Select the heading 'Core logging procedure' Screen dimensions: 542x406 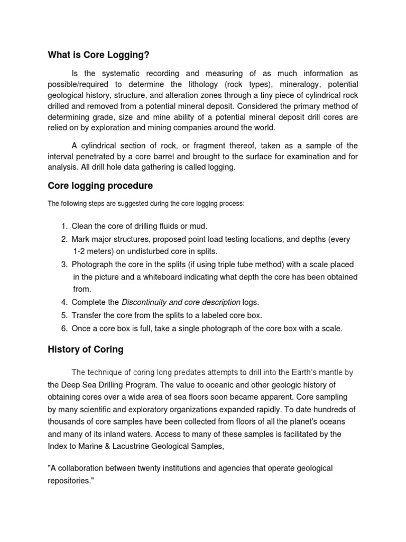[100, 186]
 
